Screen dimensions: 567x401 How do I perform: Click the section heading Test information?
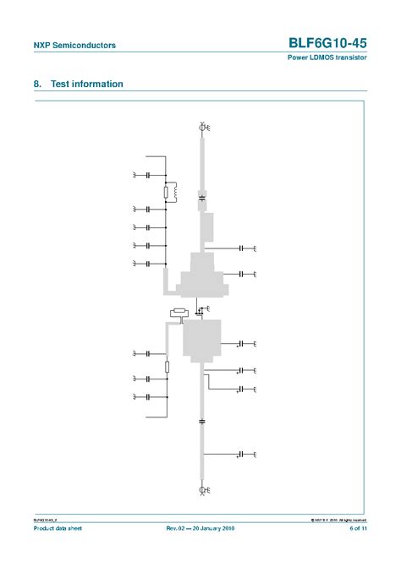(x=87, y=85)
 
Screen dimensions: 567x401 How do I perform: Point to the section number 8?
(x=37, y=85)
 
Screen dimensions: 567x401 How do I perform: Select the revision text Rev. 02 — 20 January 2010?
(x=200, y=529)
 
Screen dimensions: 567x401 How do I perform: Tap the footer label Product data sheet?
(x=58, y=529)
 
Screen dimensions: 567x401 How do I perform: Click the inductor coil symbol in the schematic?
(x=175, y=192)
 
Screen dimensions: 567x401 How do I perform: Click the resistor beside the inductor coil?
(x=166, y=193)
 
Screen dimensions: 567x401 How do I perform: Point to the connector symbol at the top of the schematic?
(x=203, y=128)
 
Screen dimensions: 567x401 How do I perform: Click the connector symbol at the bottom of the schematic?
(x=203, y=489)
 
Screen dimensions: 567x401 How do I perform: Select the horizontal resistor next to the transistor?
(x=178, y=314)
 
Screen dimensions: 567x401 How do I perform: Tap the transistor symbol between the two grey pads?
(x=200, y=309)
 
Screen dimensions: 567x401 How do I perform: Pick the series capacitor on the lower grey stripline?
(x=202, y=420)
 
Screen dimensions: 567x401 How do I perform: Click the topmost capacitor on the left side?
(x=148, y=175)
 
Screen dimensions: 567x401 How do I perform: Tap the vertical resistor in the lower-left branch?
(x=168, y=367)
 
